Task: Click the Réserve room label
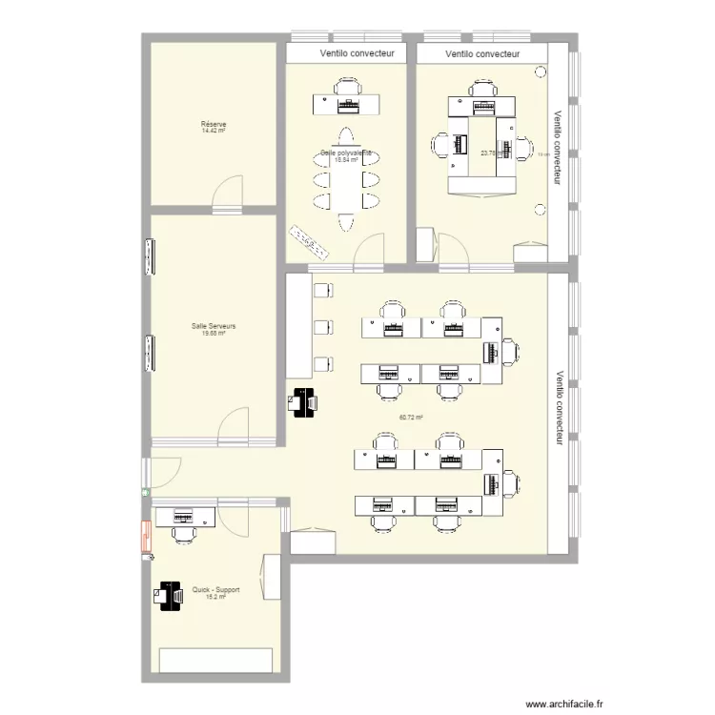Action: (x=213, y=125)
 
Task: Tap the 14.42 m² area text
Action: (x=213, y=132)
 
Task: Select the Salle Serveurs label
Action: (x=213, y=326)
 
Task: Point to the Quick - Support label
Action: (x=215, y=590)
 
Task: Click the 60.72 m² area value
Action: (x=411, y=417)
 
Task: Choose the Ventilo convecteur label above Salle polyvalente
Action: (x=344, y=54)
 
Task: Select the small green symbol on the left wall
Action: (x=145, y=492)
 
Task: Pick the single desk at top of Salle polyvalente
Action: (x=345, y=102)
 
